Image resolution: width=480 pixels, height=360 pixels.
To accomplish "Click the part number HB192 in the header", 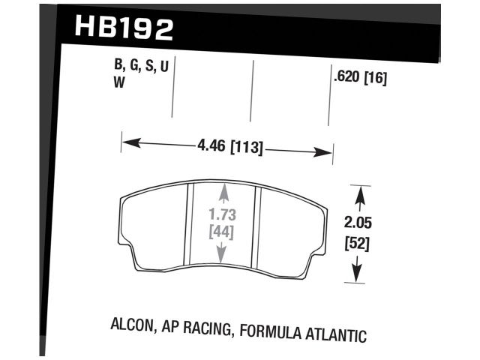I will point(124,28).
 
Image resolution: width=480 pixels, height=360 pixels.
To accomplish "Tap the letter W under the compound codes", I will point(118,85).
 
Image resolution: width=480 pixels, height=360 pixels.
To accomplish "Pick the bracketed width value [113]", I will point(246,147).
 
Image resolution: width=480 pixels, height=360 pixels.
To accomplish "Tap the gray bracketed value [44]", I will point(220,232).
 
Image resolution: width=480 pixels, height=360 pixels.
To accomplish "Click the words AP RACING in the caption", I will point(205,327).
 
